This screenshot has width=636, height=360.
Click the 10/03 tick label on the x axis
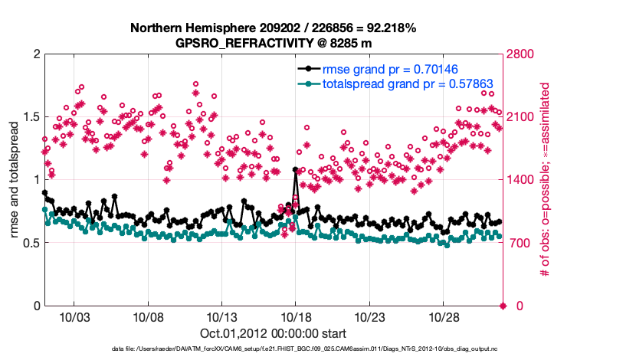[x=74, y=317]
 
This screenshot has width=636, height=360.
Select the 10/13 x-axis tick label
[x=221, y=317]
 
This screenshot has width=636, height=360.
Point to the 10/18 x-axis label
[x=296, y=317]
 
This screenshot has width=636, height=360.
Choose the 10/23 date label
[x=369, y=317]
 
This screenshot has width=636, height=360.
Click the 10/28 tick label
[x=444, y=317]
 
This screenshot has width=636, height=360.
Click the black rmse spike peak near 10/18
[x=296, y=170]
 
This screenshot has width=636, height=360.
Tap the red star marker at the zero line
[x=503, y=306]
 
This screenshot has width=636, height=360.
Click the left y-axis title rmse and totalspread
[x=15, y=180]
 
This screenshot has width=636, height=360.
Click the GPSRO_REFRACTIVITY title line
[x=273, y=43]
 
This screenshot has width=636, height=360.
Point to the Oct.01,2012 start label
[x=273, y=333]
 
